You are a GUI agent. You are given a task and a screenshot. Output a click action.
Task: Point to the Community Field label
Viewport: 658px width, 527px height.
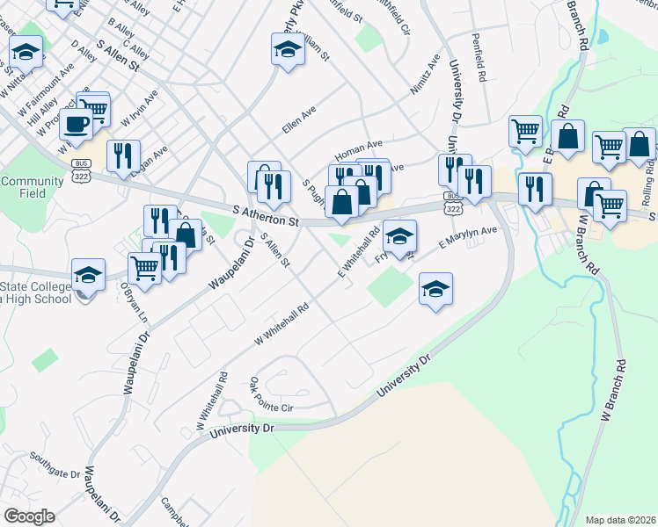pos(20,187)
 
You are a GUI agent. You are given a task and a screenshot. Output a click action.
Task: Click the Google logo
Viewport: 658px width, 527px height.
pos(30,516)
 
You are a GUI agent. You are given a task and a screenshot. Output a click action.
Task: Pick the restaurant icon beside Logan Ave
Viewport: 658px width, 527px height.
pos(123,155)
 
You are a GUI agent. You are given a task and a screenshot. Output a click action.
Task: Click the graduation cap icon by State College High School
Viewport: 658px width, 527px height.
pos(88,274)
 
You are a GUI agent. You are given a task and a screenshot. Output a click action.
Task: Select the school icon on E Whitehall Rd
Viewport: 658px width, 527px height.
pos(399,235)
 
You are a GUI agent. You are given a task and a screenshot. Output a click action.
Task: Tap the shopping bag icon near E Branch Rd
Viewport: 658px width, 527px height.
pos(567,135)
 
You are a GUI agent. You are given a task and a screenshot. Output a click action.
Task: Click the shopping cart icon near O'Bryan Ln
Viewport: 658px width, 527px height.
pos(144,268)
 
